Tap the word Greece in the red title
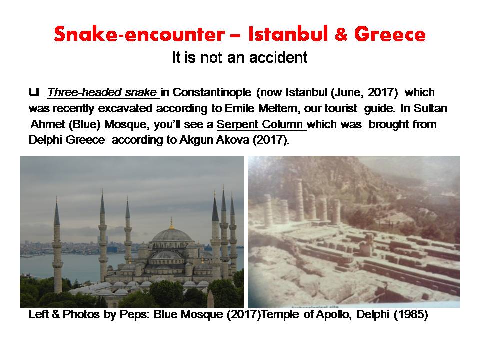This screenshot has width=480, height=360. [390, 34]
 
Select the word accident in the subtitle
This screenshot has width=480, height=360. [279, 57]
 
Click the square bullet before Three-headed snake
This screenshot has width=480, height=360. [34, 92]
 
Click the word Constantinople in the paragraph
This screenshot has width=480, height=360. [212, 92]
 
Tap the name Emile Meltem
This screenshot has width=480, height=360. [261, 108]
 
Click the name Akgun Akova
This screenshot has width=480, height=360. [214, 140]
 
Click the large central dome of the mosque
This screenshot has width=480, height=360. [172, 235]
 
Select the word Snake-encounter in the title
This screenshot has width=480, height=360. [139, 34]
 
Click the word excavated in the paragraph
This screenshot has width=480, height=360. [182, 108]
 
